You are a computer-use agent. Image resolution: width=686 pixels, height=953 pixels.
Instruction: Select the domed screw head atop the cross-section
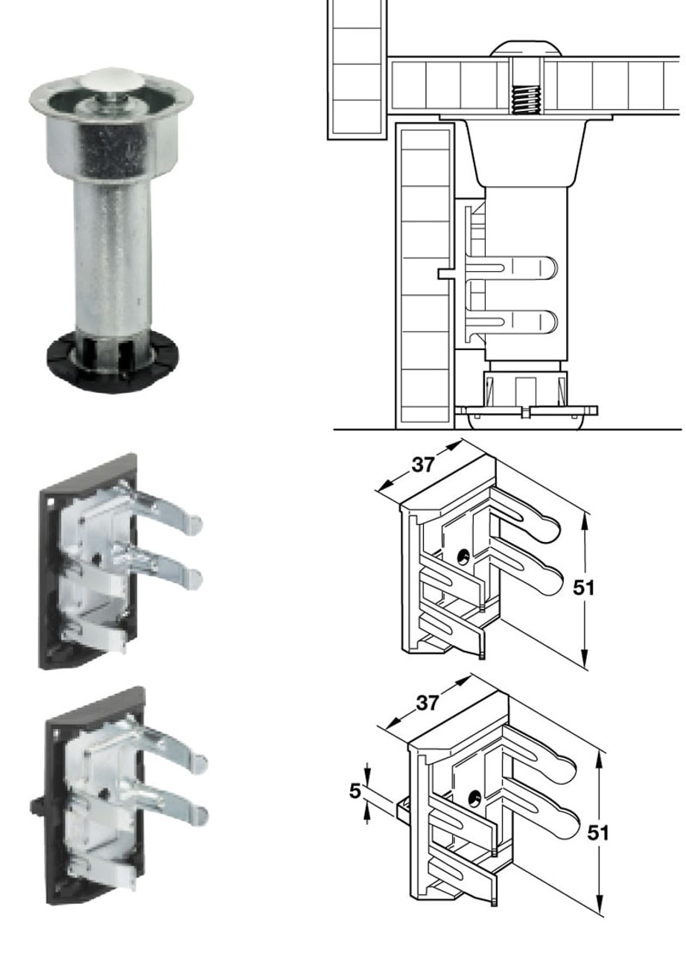pyautogui.click(x=525, y=50)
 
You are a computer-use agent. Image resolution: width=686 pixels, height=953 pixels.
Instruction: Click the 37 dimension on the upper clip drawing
pyautogui.click(x=423, y=465)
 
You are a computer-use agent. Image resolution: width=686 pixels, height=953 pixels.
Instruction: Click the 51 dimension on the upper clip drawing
pyautogui.click(x=585, y=587)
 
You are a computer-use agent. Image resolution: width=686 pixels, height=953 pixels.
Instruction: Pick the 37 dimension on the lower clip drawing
pyautogui.click(x=427, y=702)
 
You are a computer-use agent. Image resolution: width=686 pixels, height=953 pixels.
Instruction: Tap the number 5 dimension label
pyautogui.click(x=355, y=791)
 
